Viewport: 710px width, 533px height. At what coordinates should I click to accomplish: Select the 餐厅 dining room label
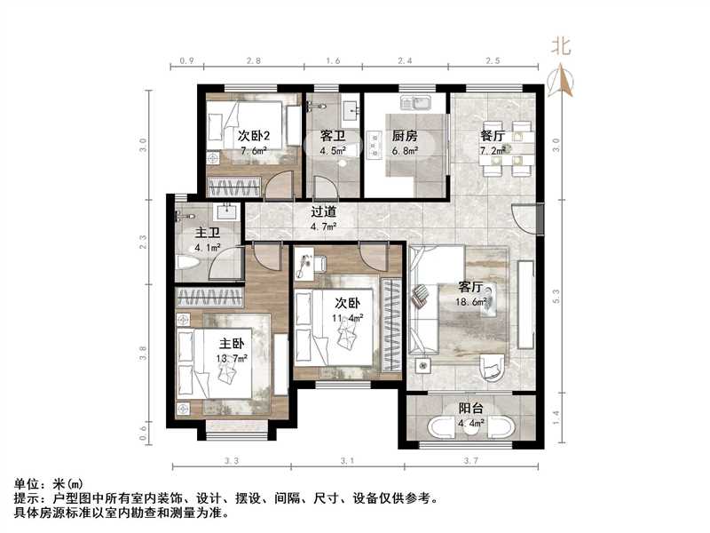[x=493, y=136]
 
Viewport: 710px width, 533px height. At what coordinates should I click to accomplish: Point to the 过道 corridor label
[x=323, y=212]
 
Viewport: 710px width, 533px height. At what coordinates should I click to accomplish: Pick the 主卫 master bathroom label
[x=207, y=234]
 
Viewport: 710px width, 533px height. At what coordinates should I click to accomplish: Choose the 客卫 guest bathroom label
[x=332, y=136]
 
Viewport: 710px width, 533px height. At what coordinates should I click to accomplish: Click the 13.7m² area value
[x=232, y=358]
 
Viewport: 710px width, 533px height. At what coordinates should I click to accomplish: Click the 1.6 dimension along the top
[x=333, y=61]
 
